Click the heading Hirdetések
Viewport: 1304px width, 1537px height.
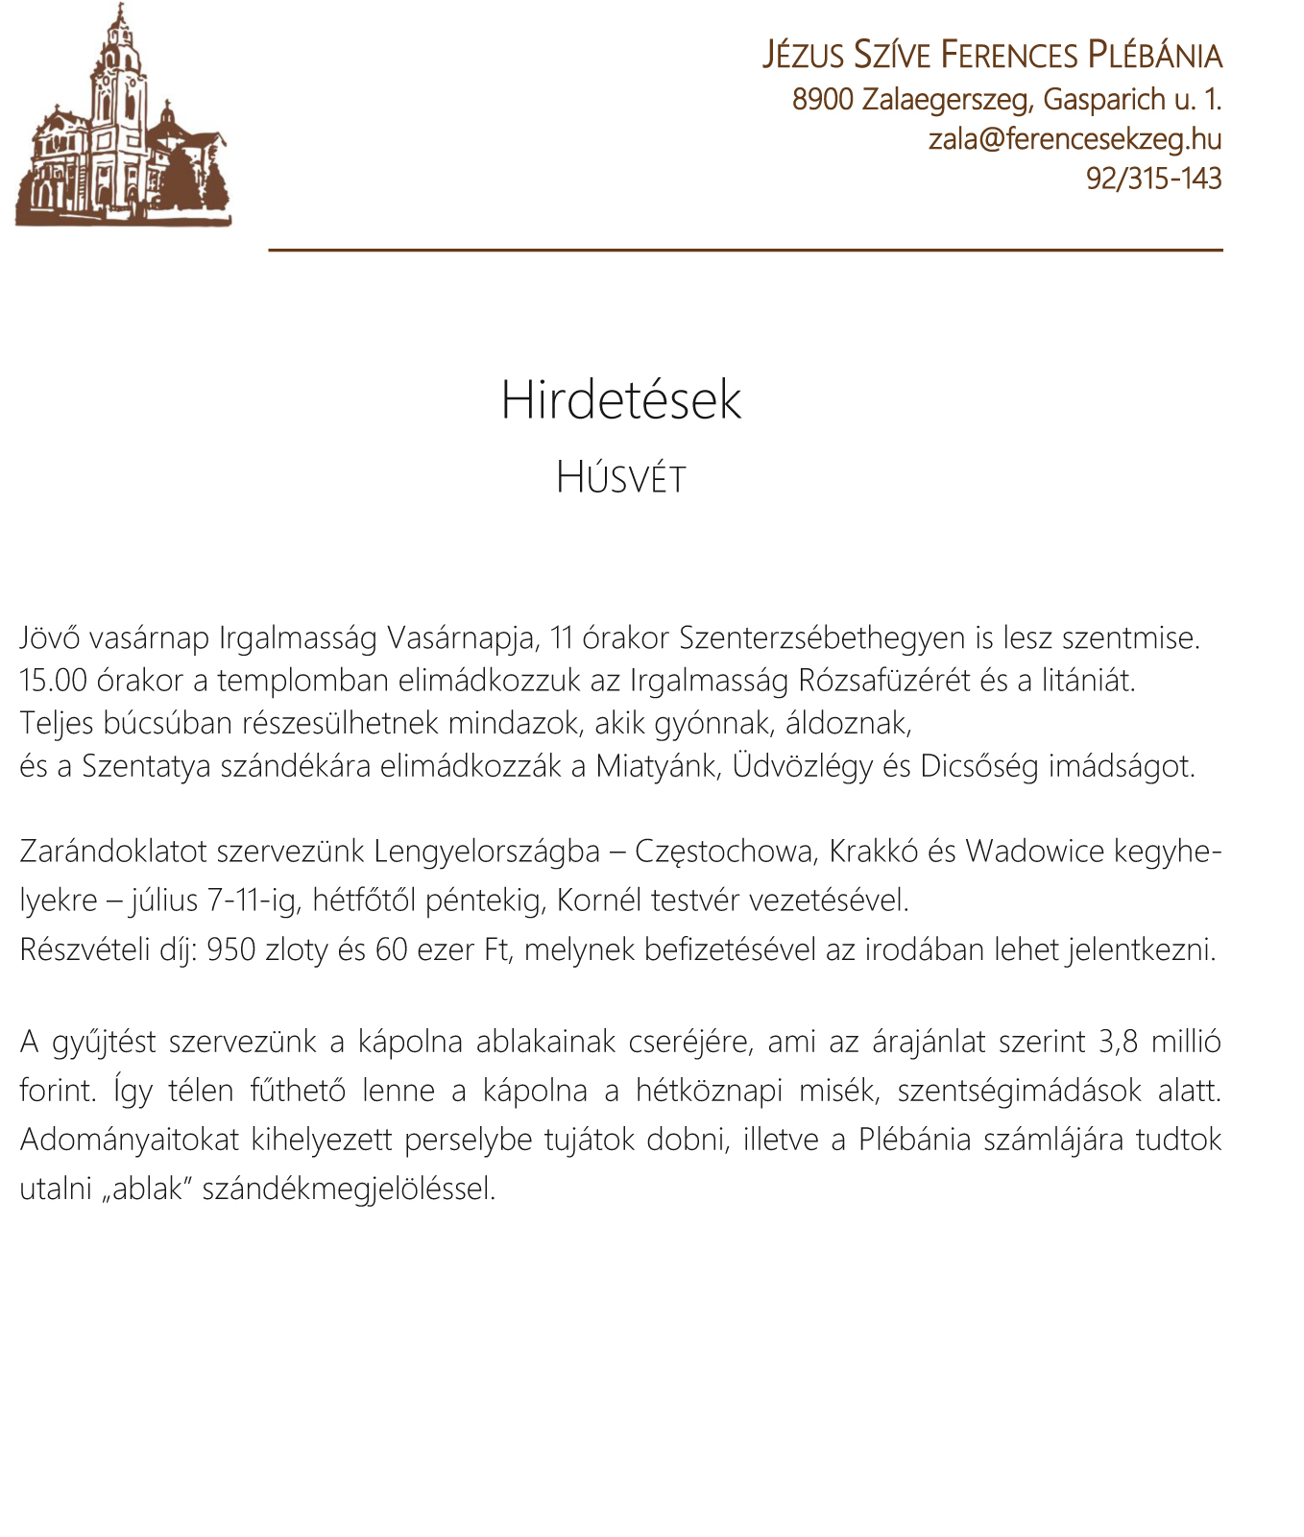pos(621,400)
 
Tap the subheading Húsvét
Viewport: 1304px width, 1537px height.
pos(621,478)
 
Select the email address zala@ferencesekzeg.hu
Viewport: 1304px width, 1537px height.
pos(1075,139)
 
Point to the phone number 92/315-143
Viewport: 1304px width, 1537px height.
pos(1153,179)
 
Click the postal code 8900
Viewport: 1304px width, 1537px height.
pos(823,99)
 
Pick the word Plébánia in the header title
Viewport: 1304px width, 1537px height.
pos(1155,56)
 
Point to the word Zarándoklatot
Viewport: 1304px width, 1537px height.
pos(113,852)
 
